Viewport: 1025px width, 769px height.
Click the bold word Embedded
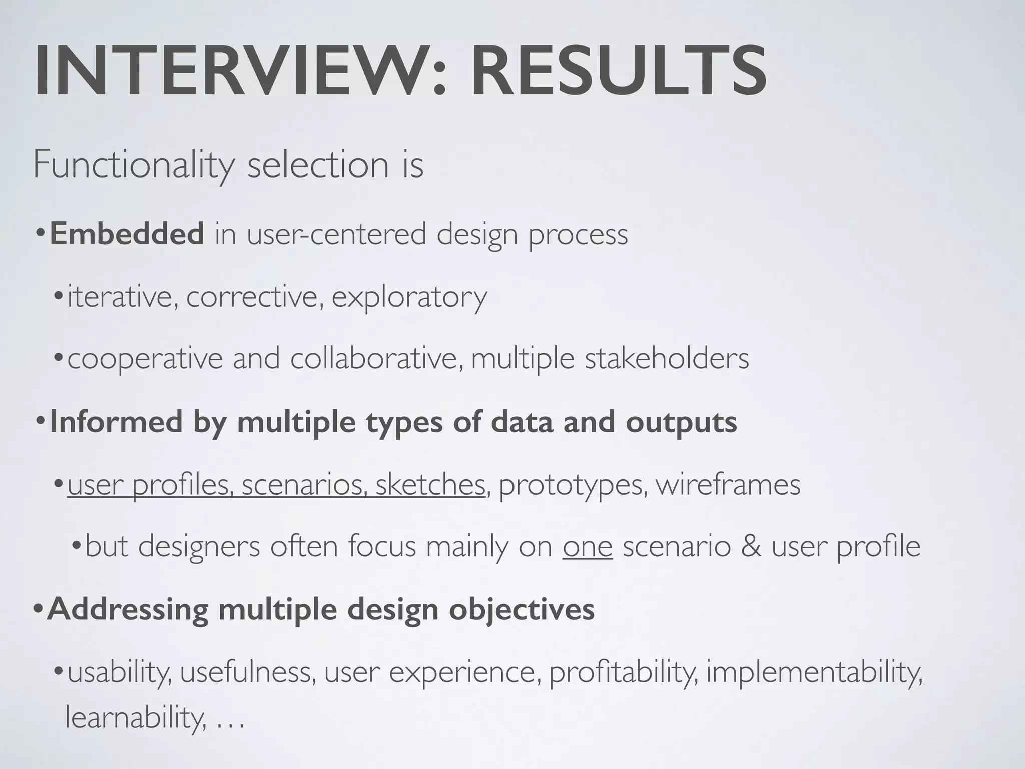tap(127, 234)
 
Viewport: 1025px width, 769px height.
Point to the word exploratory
tap(409, 297)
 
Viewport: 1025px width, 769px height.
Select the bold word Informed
tap(116, 422)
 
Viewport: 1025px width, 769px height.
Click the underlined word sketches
tap(430, 485)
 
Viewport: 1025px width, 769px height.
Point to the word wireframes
tap(728, 485)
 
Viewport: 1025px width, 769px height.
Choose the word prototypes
tap(571, 485)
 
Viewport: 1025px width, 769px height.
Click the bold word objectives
tap(522, 609)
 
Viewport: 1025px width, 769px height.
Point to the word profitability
tap(623, 672)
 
